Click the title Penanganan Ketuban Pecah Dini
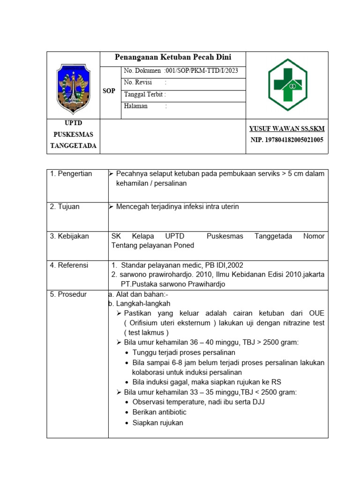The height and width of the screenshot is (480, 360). (x=173, y=58)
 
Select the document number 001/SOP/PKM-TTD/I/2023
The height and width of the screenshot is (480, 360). (x=205, y=71)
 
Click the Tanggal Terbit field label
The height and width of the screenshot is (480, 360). (x=145, y=94)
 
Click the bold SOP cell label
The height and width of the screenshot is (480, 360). (x=109, y=91)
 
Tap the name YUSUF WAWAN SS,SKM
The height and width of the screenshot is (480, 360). (x=287, y=129)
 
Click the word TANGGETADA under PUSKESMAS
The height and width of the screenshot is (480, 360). (x=74, y=146)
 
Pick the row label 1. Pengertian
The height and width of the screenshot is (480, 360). (x=71, y=174)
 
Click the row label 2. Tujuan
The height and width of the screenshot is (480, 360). (x=66, y=207)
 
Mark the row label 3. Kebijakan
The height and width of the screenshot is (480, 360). (x=69, y=236)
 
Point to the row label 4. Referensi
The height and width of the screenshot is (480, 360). (x=69, y=265)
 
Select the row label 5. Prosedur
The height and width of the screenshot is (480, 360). (x=68, y=294)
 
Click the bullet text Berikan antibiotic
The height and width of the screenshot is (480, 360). (x=159, y=412)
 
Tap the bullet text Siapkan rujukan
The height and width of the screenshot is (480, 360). (x=158, y=423)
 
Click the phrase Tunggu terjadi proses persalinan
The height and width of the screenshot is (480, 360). (x=184, y=352)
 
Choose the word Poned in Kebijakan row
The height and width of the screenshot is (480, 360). (x=185, y=245)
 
